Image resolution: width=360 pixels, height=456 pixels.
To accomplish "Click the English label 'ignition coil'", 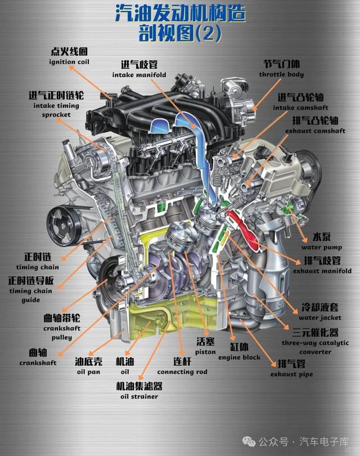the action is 69,62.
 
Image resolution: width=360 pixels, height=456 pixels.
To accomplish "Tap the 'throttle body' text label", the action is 281,74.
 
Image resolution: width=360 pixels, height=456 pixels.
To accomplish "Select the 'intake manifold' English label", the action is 139,75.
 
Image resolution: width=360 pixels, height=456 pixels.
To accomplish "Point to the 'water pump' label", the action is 322,248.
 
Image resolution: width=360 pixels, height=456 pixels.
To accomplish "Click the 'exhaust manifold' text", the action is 322,271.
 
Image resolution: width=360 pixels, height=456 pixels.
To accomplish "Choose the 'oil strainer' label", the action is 139,397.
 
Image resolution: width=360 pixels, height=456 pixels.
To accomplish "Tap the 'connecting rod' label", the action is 182,372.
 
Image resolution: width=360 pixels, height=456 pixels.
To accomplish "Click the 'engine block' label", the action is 239,357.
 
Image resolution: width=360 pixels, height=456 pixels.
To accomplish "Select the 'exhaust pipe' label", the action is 291,374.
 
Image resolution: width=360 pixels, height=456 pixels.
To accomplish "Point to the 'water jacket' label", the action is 320,318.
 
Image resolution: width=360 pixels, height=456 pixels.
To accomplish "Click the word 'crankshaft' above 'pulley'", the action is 62,328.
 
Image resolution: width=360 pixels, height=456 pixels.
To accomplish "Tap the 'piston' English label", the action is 205,352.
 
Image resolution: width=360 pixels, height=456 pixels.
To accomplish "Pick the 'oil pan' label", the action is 89,372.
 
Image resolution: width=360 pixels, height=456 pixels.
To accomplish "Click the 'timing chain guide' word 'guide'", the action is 31,300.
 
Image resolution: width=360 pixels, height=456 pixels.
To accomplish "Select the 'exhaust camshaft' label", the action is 315,131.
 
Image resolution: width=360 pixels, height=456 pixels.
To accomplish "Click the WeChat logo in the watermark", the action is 249,441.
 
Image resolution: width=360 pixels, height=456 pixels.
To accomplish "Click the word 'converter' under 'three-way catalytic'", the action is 315,352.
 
